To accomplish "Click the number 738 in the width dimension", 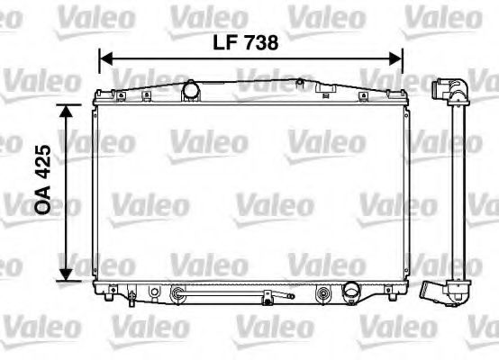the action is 262,42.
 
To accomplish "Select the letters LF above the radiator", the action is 224,42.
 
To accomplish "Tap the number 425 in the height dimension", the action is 43,162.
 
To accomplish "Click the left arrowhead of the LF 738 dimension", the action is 105,59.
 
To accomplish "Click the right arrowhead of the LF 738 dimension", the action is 396,59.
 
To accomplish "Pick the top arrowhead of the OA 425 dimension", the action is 66,112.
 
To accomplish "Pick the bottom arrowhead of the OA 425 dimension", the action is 66,274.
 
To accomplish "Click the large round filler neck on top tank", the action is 191,90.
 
